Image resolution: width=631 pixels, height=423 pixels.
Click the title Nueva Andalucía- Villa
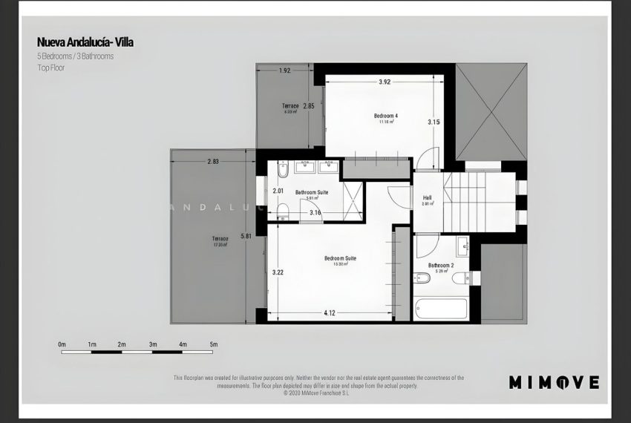coord(85,42)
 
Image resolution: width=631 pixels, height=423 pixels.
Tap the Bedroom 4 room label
coord(385,117)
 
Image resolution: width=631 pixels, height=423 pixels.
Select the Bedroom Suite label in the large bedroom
coord(340,259)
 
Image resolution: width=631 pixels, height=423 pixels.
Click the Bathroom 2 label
coord(440,266)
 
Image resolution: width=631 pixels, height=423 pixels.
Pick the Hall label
coord(427,198)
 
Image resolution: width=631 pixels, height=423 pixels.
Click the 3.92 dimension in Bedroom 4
coord(384,82)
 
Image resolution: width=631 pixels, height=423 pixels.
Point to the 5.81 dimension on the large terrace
coord(246,237)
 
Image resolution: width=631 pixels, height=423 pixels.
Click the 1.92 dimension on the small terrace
coord(284,71)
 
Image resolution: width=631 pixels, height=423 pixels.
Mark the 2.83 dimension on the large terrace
coord(214,161)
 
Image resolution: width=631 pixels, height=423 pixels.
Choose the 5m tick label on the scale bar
coord(213,345)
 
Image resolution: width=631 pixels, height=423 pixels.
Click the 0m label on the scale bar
coord(62,345)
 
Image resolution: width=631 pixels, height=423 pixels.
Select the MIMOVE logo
coord(554,382)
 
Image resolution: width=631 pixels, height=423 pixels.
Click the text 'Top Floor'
coord(52,68)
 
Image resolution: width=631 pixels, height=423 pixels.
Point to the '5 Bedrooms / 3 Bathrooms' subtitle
coord(76,56)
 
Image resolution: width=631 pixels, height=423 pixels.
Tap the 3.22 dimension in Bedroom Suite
coord(278,272)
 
